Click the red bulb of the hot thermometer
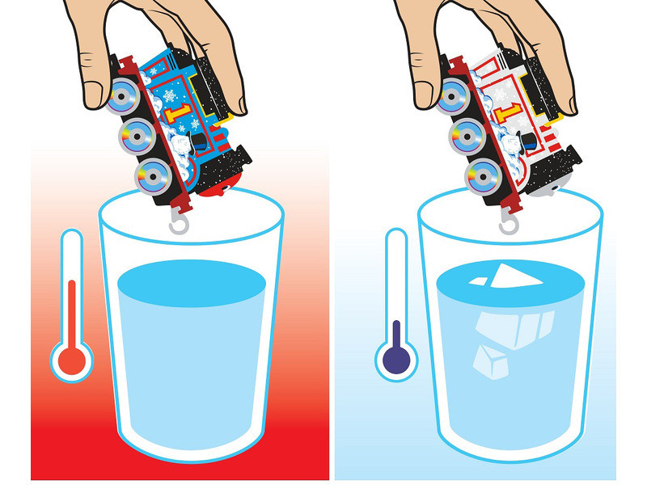(x=72, y=361)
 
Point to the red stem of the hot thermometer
(x=72, y=314)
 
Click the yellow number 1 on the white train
(x=509, y=112)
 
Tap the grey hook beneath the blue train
(x=179, y=224)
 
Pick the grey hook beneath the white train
(x=509, y=224)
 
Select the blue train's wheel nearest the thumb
(x=123, y=96)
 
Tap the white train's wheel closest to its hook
(x=483, y=176)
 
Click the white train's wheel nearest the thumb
(x=453, y=96)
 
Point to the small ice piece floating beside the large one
(x=479, y=281)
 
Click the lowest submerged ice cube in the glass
(x=491, y=363)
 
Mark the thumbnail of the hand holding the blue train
(x=93, y=94)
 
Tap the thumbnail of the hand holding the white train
(x=423, y=94)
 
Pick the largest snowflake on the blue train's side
(x=169, y=95)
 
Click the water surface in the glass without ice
(x=192, y=284)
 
